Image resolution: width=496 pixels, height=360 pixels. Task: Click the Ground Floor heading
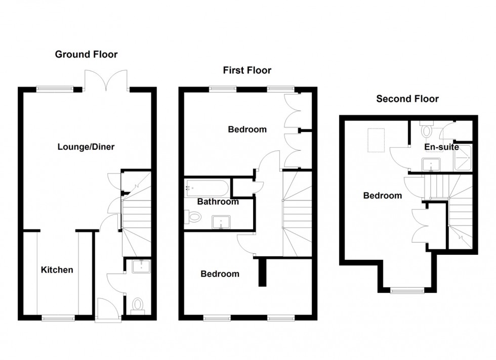[86, 54]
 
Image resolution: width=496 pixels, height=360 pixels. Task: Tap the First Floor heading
[247, 70]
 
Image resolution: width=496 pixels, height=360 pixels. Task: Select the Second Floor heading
[407, 99]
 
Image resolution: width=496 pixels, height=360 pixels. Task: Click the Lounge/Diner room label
[86, 147]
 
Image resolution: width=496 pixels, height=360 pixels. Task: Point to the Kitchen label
[57, 270]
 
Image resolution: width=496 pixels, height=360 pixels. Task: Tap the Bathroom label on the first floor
[218, 202]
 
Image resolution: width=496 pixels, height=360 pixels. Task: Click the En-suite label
[441, 147]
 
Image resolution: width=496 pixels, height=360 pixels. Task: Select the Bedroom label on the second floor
[382, 196]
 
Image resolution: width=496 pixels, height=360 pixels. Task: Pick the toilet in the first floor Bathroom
[193, 217]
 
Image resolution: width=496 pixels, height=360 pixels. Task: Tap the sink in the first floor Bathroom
[221, 221]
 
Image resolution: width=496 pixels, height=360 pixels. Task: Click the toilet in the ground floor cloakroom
[137, 305]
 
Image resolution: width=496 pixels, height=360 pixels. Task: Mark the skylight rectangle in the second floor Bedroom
[376, 141]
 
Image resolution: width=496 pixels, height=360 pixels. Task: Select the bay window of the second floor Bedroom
[407, 290]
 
